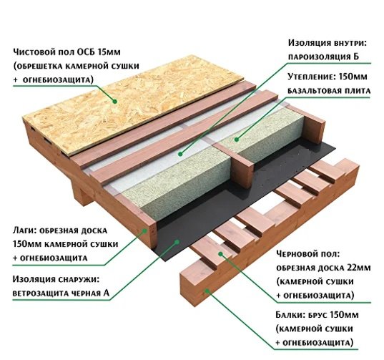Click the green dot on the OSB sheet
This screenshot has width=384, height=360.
pos(114,101)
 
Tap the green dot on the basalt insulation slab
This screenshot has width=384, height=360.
pos(236,140)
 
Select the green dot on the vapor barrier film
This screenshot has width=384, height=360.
pos(180,154)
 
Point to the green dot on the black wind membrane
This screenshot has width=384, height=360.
pos(177,242)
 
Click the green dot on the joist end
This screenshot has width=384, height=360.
pos(145,230)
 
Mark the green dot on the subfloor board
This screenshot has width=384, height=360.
pos(221,254)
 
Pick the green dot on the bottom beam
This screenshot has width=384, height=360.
pos(207,291)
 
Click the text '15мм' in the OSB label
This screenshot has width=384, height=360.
pos(109,52)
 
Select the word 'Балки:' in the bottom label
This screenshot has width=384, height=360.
pos(290,315)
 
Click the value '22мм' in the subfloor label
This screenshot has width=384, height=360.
pos(359,268)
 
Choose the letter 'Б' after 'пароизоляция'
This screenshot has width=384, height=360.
pos(356,57)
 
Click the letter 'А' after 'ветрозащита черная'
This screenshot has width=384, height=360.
pos(106,293)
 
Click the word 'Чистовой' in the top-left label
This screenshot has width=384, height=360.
pos(34,52)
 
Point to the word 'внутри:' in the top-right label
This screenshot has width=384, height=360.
pos(348,43)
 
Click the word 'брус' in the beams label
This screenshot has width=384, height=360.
pos(317,315)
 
